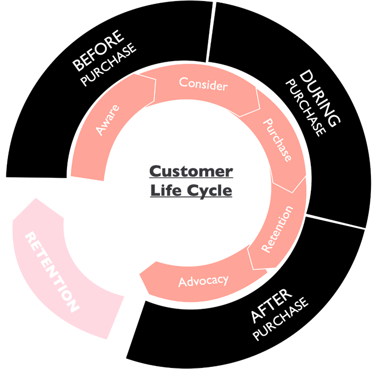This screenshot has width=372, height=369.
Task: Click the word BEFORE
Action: coord(98,52)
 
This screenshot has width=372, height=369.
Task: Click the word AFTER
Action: coord(271,307)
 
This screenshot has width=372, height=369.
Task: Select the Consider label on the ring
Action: coord(203,84)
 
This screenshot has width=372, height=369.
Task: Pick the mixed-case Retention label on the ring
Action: coord(277,228)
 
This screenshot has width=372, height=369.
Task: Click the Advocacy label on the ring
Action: coord(204,280)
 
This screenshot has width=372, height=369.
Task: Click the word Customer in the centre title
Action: coord(190,171)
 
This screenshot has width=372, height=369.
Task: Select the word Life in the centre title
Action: coord(165,190)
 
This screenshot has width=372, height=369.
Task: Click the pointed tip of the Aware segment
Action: coord(155,81)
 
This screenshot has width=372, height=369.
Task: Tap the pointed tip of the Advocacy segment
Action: coord(139,274)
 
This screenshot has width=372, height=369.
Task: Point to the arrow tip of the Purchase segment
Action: coord(307,178)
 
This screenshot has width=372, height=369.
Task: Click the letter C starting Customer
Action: coord(155,171)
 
